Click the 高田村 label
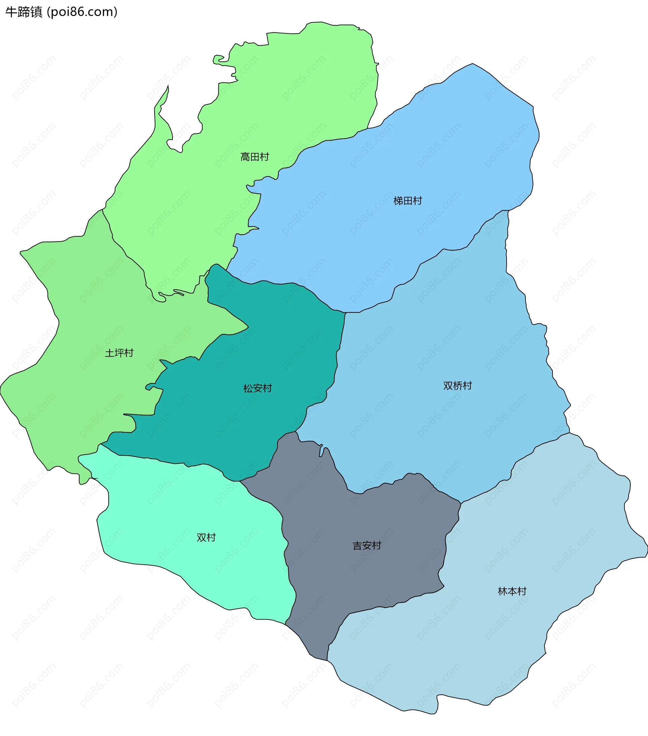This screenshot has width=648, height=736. pyautogui.click(x=255, y=157)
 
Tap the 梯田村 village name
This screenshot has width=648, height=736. pyautogui.click(x=407, y=201)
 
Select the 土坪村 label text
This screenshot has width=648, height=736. pyautogui.click(x=119, y=353)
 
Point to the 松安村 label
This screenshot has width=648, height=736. pyautogui.click(x=257, y=388)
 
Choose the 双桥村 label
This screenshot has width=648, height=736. pyautogui.click(x=457, y=386)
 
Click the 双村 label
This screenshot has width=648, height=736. pyautogui.click(x=206, y=538)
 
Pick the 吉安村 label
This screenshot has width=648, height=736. pyautogui.click(x=367, y=546)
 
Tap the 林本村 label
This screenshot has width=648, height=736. pyautogui.click(x=512, y=591)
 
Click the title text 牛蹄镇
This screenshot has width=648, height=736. pyautogui.click(x=24, y=12)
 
